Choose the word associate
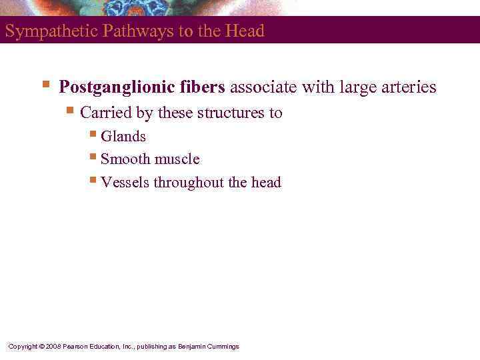(261, 87)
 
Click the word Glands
(123, 137)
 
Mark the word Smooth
(125, 159)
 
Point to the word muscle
(177, 159)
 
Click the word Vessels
(125, 183)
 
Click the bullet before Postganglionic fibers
(45, 85)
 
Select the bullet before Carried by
(72, 111)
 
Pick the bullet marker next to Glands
(94, 135)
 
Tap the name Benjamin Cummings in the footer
(208, 347)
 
